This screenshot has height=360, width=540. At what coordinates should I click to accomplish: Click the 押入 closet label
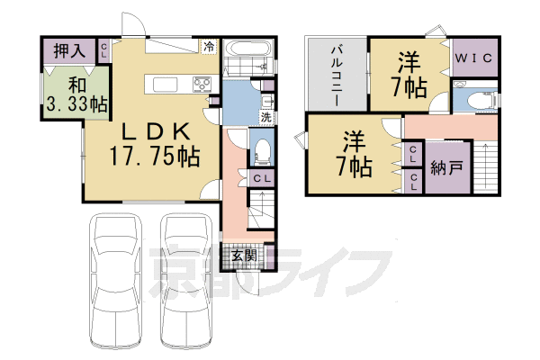click(x=69, y=51)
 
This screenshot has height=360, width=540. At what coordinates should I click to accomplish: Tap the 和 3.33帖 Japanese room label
click(x=76, y=94)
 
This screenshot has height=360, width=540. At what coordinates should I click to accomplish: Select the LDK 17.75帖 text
click(x=154, y=144)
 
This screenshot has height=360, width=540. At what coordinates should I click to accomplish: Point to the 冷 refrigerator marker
click(x=209, y=47)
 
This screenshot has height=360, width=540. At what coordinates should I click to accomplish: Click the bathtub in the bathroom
click(x=248, y=49)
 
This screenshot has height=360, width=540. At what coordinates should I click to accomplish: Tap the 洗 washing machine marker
click(x=265, y=117)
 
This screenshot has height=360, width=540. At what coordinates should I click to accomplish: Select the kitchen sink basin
click(x=166, y=85)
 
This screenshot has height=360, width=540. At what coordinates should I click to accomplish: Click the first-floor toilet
click(x=262, y=150)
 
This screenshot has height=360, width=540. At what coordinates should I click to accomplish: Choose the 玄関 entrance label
click(x=244, y=256)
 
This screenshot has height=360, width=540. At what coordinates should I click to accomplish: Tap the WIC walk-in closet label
click(x=473, y=58)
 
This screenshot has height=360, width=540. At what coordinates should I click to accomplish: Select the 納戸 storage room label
click(x=446, y=167)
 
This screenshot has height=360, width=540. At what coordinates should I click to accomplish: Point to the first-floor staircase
click(x=261, y=209)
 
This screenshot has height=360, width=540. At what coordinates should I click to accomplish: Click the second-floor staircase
click(x=486, y=166)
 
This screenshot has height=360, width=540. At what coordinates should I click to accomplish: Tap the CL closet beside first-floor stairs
click(x=262, y=178)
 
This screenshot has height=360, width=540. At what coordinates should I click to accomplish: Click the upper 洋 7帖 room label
click(x=409, y=75)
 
